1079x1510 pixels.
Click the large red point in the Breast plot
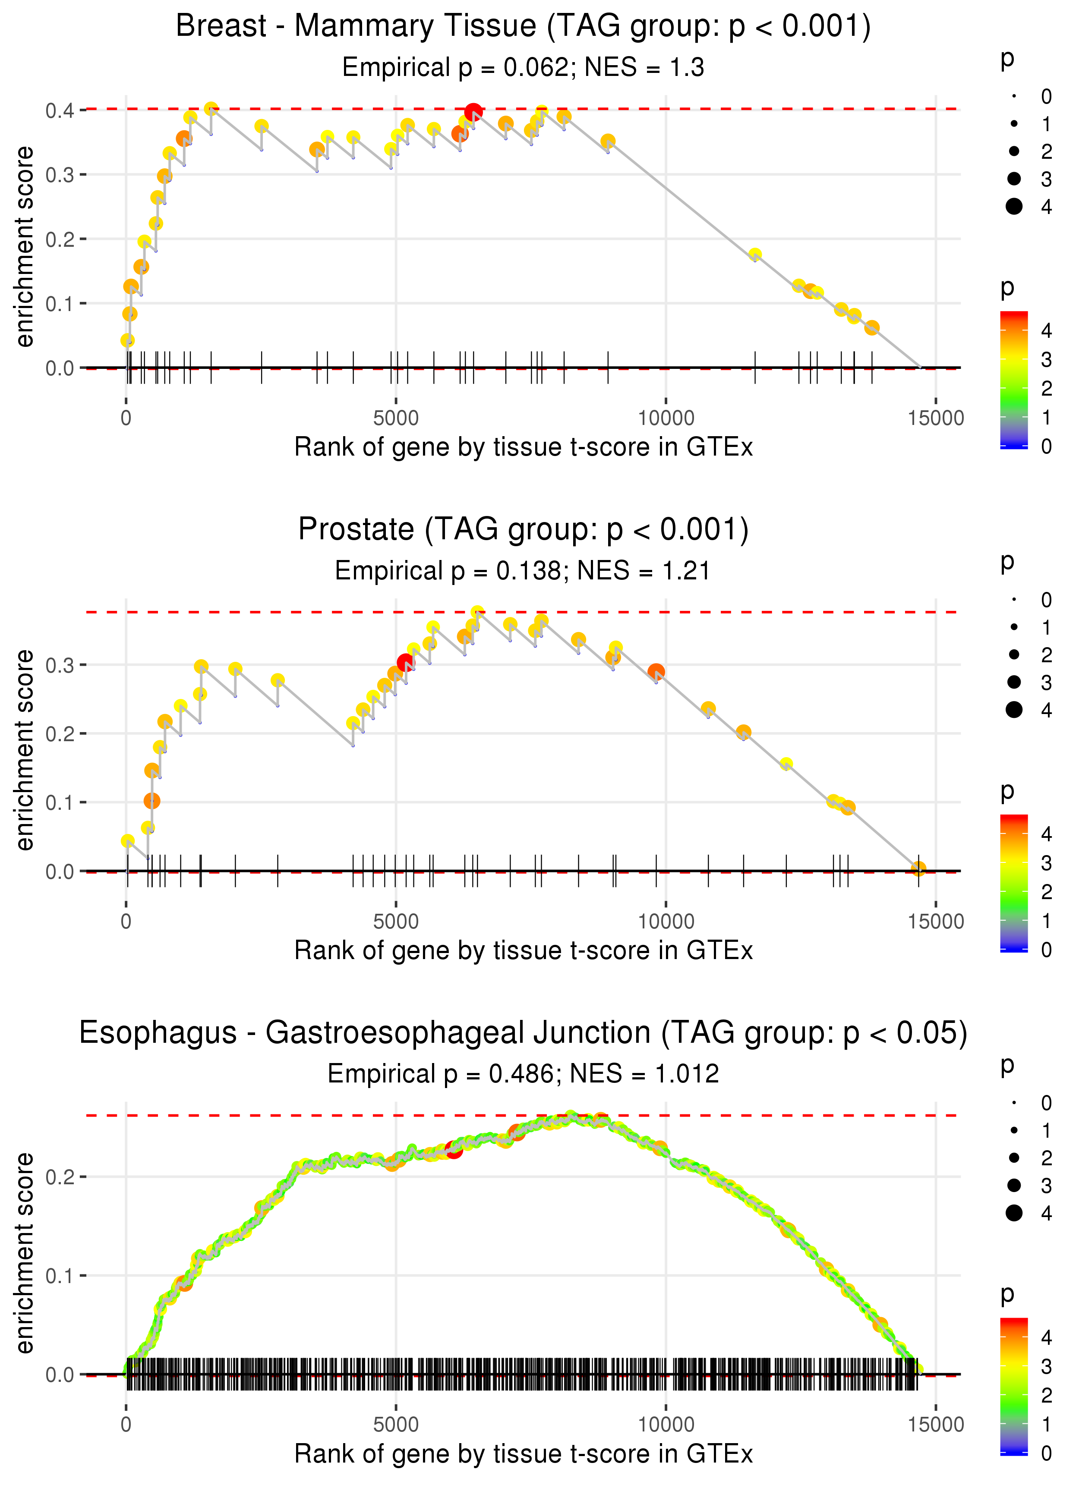[x=473, y=112]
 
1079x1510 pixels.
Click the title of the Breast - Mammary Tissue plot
[x=523, y=27]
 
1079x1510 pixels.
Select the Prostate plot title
[x=523, y=530]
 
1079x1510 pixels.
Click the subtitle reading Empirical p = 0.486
[x=523, y=1074]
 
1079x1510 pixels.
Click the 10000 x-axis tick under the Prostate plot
[x=666, y=921]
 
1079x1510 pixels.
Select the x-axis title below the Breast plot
[x=523, y=447]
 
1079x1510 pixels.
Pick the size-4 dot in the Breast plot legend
[x=1014, y=207]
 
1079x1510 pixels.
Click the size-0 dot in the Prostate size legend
[x=1014, y=600]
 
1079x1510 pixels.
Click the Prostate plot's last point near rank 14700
[x=918, y=868]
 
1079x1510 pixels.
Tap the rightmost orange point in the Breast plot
[x=872, y=327]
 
